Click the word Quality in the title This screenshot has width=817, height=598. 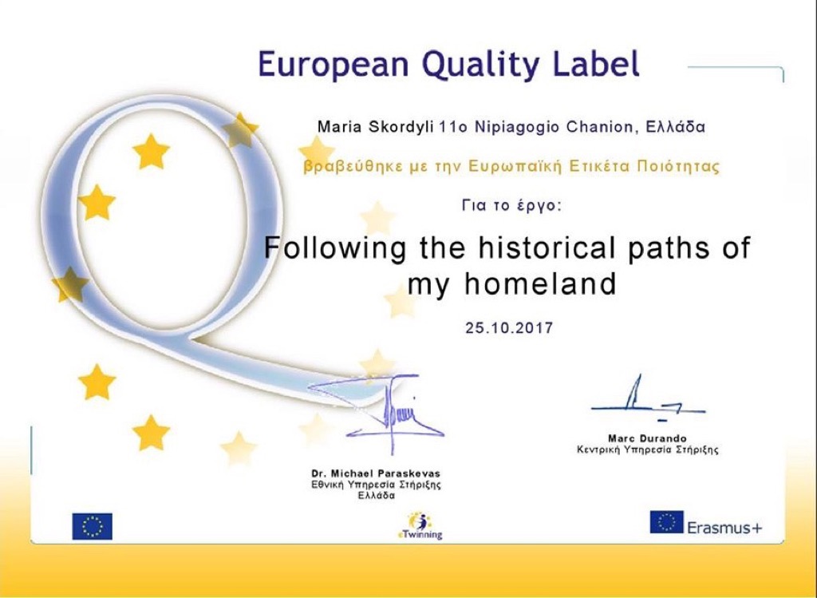(x=480, y=65)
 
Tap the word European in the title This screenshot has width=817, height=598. (x=334, y=64)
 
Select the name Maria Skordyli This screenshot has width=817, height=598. (x=375, y=127)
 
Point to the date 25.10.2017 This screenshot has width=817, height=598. (x=509, y=328)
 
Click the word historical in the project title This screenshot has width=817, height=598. (x=547, y=248)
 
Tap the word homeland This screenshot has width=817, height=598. (x=540, y=284)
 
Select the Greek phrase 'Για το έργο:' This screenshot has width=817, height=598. (x=511, y=205)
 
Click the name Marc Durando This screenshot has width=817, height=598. (x=647, y=438)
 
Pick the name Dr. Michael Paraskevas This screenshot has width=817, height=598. (x=376, y=473)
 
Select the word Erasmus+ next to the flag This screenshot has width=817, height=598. (x=724, y=528)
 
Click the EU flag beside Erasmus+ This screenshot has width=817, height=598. (x=666, y=522)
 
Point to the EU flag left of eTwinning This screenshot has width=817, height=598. (x=93, y=526)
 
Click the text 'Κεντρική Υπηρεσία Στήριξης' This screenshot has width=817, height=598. (x=647, y=449)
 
